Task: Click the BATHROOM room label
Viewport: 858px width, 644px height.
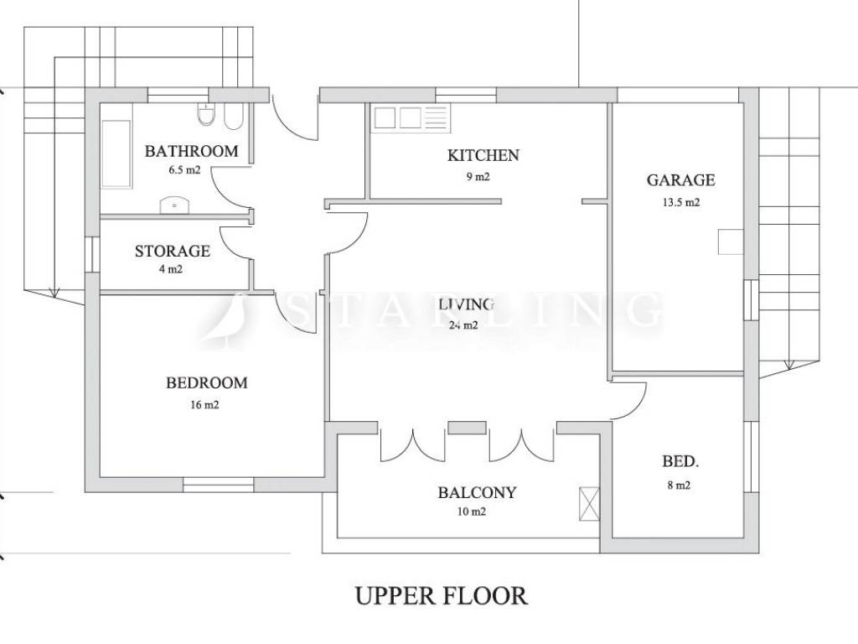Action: coord(192,151)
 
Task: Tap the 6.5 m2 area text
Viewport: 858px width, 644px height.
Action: coord(184,169)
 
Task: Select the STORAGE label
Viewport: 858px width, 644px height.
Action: coord(173,252)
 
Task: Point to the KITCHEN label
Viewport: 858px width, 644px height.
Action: coord(483,155)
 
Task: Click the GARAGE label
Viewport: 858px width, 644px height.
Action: coord(680,180)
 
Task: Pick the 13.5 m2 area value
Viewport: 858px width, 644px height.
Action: coord(681,203)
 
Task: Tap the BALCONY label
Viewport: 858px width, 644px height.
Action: coord(477,493)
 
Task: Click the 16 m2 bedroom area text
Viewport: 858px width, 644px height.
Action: coord(204,405)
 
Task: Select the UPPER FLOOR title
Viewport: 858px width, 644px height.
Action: coord(442,596)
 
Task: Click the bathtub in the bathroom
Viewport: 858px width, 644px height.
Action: coord(116,154)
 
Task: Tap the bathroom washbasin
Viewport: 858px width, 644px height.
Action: coord(174,205)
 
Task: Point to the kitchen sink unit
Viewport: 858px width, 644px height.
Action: coord(411,118)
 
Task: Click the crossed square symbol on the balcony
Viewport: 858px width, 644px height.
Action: coord(589,504)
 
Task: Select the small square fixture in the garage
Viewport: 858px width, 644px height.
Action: coord(731,241)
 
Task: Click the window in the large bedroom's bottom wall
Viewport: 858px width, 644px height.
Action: coord(219,485)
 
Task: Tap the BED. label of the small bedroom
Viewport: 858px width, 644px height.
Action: coord(680,462)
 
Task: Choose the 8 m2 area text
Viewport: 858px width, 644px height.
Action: coord(679,486)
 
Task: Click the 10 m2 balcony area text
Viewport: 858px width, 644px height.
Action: coord(471,512)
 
